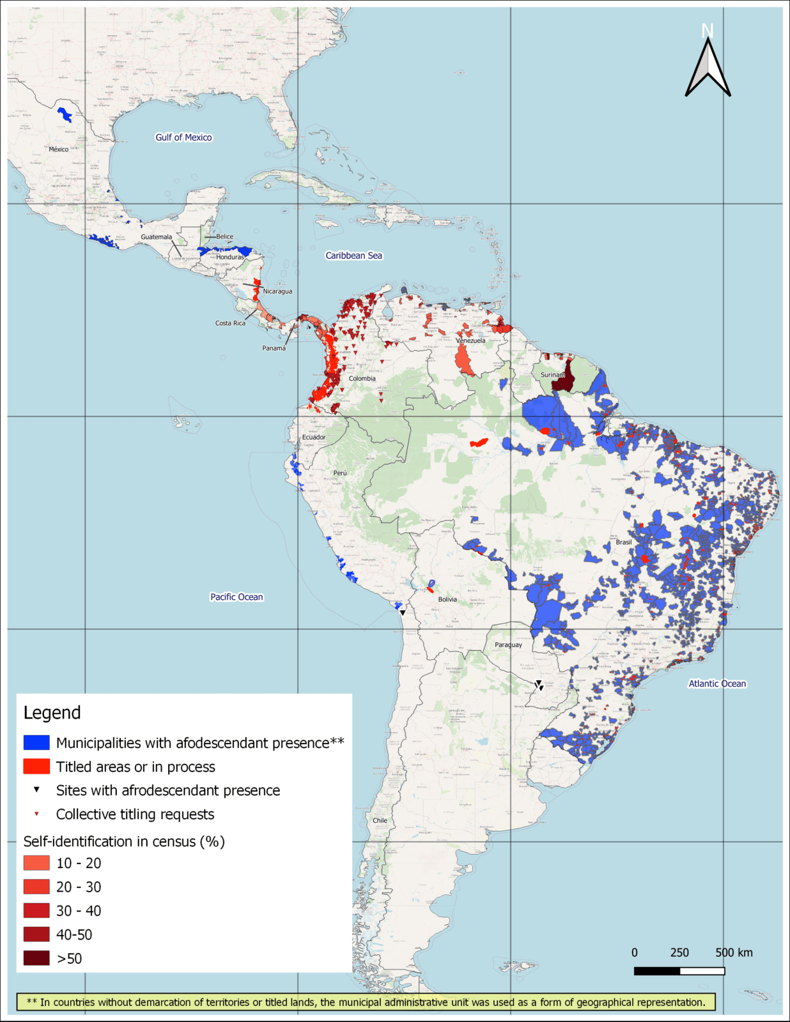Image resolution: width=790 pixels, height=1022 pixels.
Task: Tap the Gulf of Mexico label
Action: pyautogui.click(x=183, y=137)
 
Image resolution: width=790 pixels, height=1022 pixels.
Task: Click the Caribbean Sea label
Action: pyautogui.click(x=353, y=256)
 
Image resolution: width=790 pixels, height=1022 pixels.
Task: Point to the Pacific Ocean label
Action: pyautogui.click(x=236, y=597)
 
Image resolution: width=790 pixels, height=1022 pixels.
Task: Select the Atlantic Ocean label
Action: pyautogui.click(x=717, y=683)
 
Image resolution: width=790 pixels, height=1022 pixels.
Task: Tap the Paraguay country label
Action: pyautogui.click(x=508, y=644)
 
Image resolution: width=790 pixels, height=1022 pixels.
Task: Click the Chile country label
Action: pyautogui.click(x=380, y=820)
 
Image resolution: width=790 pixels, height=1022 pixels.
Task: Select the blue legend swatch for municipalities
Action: pyautogui.click(x=36, y=743)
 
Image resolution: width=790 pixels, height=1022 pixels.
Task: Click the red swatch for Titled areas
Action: pyautogui.click(x=36, y=766)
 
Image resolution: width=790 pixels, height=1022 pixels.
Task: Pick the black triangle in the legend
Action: pyautogui.click(x=36, y=789)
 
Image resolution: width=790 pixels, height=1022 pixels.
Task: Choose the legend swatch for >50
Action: pyautogui.click(x=36, y=958)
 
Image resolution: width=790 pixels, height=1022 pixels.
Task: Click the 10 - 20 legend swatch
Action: pyautogui.click(x=36, y=863)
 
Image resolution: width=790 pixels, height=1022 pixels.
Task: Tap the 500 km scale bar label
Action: pyautogui.click(x=734, y=952)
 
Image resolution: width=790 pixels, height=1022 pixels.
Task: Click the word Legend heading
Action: pyautogui.click(x=52, y=713)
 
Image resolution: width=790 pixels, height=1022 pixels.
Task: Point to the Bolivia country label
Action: pyautogui.click(x=447, y=599)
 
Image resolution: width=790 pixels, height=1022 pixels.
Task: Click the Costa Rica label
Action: pyautogui.click(x=230, y=323)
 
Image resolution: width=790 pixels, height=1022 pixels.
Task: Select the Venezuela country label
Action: pyautogui.click(x=470, y=340)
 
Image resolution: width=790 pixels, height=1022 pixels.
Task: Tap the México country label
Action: pyautogui.click(x=58, y=149)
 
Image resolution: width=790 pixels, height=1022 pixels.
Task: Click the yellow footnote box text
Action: pyautogui.click(x=366, y=1002)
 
